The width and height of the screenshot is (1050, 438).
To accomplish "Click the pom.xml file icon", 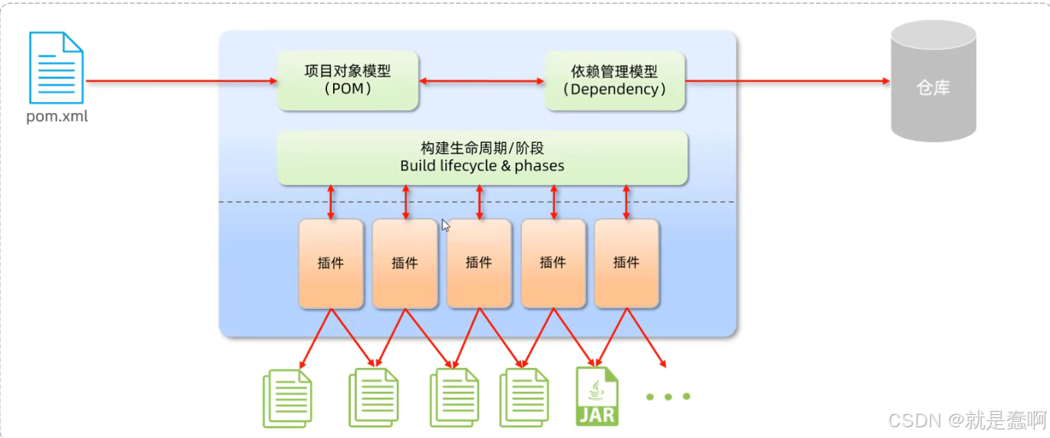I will tap(56, 68).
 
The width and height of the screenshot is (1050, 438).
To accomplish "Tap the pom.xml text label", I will tap(57, 117).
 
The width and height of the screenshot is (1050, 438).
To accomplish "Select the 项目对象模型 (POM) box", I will tap(348, 80).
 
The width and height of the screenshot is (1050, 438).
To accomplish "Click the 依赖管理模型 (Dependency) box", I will tap(614, 80).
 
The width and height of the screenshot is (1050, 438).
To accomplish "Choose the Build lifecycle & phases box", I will tap(482, 158).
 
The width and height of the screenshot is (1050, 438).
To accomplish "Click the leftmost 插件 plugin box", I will tap(331, 264).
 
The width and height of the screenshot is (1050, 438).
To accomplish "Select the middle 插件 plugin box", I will tap(479, 264).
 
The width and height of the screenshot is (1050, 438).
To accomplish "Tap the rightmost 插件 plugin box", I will tap(626, 264).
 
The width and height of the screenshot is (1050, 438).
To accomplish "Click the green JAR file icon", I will tap(596, 397).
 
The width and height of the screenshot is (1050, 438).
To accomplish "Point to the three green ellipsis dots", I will tap(668, 397).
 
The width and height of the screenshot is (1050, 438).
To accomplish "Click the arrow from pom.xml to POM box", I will tap(181, 81).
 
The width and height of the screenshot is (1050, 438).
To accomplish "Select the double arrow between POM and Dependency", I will tap(482, 81).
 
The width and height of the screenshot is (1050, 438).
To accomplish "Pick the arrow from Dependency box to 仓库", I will tap(787, 81).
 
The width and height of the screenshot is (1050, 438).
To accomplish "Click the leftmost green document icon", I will tap(288, 398).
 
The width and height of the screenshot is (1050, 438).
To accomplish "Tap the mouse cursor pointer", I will tap(445, 225).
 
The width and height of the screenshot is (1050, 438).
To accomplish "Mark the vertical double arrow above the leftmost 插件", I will tap(331, 201).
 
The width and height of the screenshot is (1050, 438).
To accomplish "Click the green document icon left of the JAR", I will tap(524, 398).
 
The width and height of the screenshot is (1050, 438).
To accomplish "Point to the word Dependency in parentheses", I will tap(614, 89).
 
